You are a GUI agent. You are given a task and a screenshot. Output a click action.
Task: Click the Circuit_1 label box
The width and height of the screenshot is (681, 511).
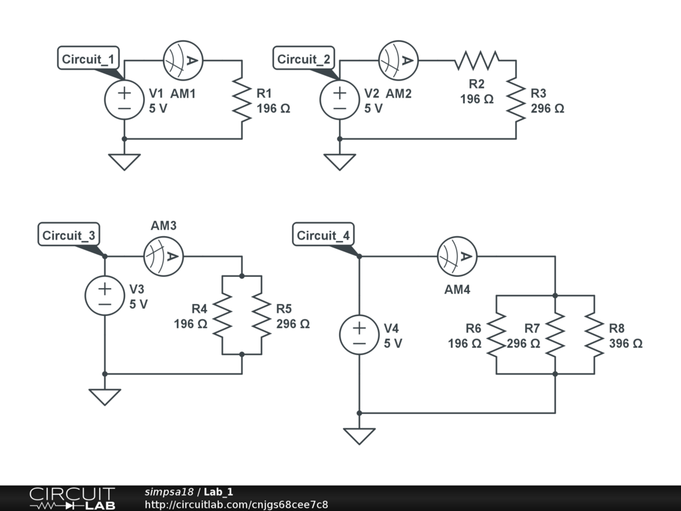(88, 59)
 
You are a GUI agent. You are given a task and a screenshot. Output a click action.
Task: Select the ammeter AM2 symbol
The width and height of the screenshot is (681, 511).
(398, 61)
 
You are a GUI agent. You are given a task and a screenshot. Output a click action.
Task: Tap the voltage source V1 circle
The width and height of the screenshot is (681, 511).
(124, 100)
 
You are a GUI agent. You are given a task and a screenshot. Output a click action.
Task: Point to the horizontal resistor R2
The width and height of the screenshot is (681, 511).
(477, 61)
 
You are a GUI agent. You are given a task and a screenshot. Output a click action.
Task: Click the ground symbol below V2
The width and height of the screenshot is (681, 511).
(340, 162)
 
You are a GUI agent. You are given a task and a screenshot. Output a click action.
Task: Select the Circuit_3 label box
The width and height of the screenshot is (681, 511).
(68, 235)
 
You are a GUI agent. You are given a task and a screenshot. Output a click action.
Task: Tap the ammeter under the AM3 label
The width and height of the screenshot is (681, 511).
(163, 256)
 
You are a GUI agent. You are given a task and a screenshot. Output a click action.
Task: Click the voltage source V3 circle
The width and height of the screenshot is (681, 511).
(104, 295)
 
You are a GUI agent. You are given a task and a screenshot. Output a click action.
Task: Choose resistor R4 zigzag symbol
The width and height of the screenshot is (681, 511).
(222, 315)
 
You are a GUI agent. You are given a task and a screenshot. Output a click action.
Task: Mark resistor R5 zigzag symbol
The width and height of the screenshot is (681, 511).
(261, 315)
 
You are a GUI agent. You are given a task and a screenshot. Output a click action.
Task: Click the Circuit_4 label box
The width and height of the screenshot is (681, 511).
(323, 235)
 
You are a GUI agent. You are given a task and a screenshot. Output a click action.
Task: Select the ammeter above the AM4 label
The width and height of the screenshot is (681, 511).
(456, 256)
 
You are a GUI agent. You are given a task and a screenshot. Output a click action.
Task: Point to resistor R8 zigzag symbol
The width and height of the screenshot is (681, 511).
(595, 335)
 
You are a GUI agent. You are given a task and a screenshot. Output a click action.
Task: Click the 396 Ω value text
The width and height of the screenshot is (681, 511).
(625, 343)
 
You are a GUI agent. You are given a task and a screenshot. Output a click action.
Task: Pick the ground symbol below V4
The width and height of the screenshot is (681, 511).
(359, 436)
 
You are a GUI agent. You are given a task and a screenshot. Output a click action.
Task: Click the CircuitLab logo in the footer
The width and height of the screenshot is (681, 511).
(72, 498)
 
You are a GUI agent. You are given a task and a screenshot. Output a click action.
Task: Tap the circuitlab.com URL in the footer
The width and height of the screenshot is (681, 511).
(236, 504)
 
